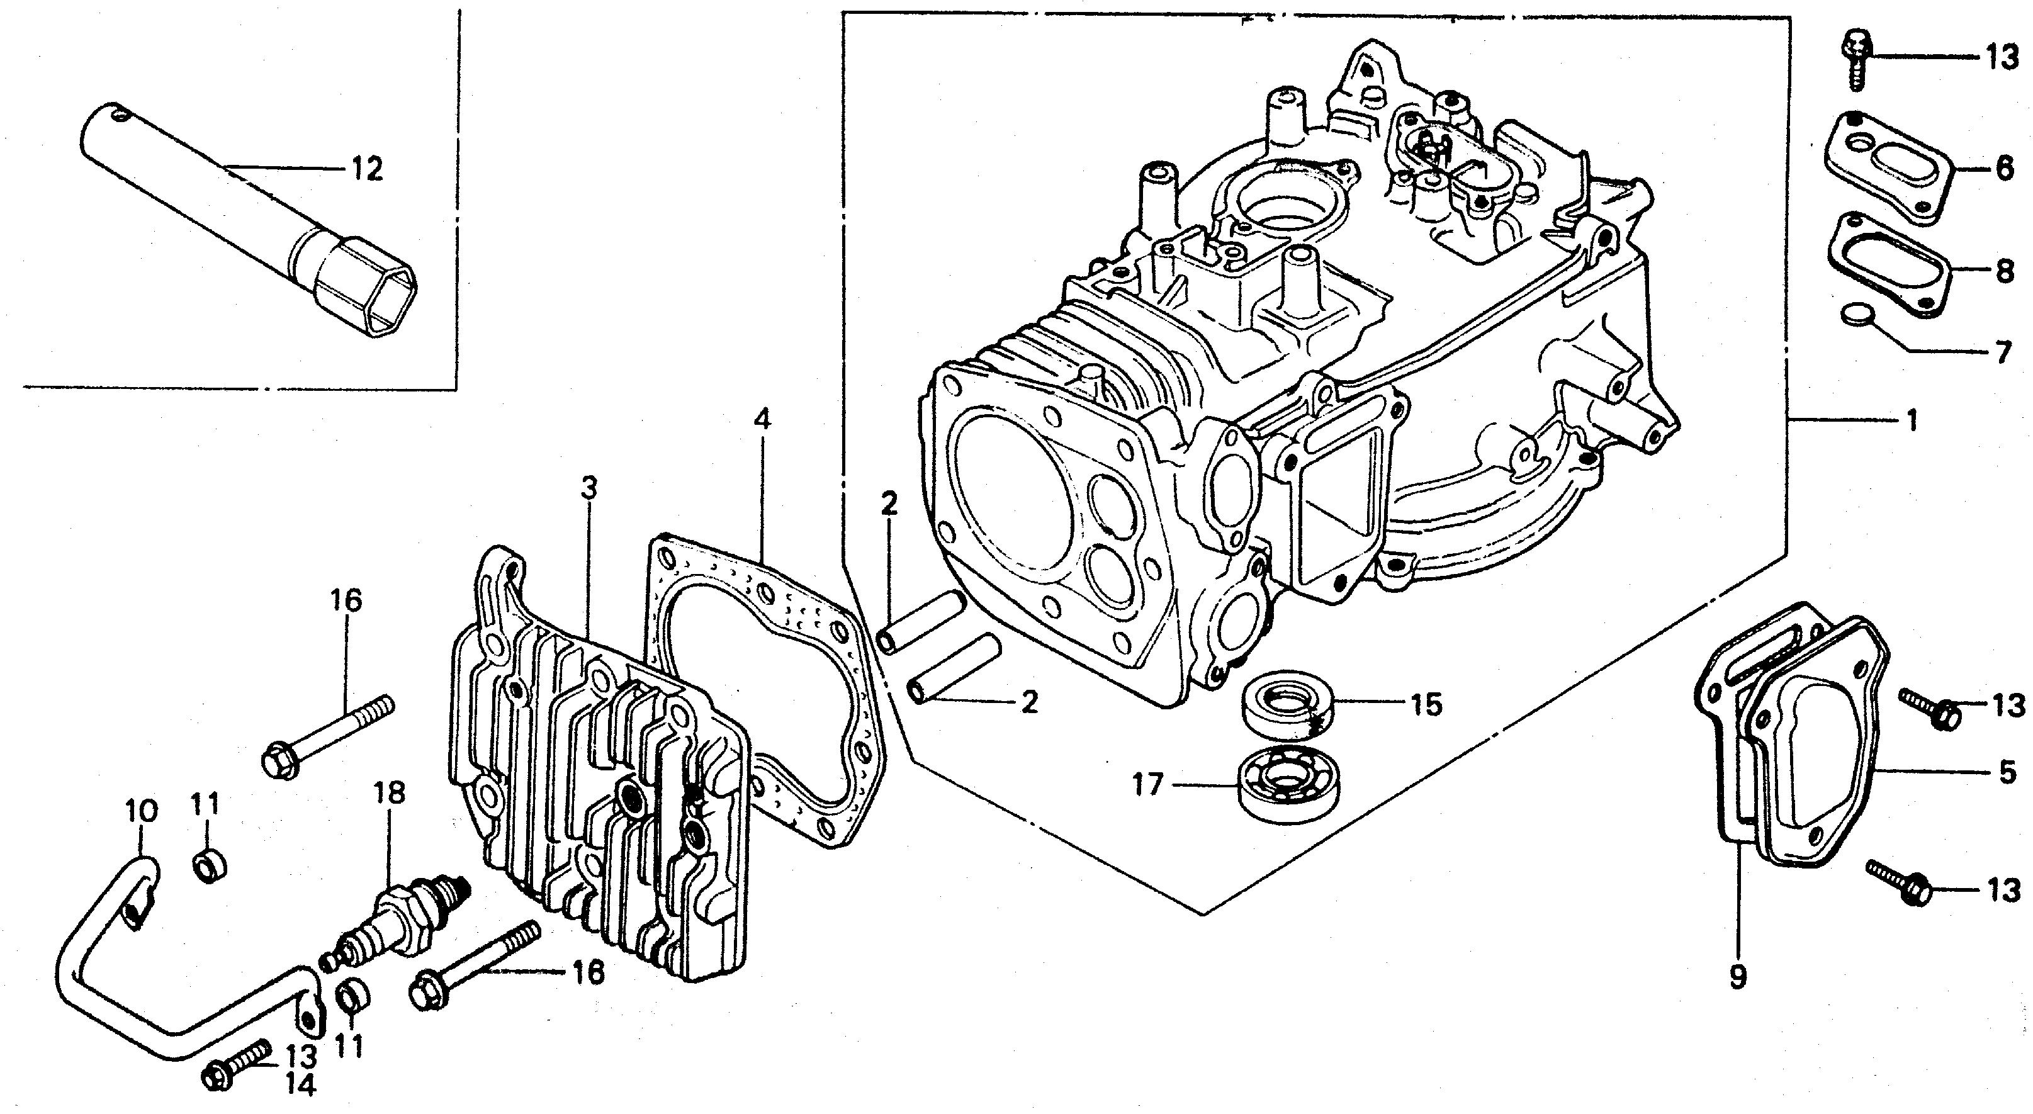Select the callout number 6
[x=2005, y=169]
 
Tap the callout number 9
[x=1738, y=977]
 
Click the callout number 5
[x=2007, y=771]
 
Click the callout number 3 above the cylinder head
[x=588, y=489]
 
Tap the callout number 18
[x=390, y=793]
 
